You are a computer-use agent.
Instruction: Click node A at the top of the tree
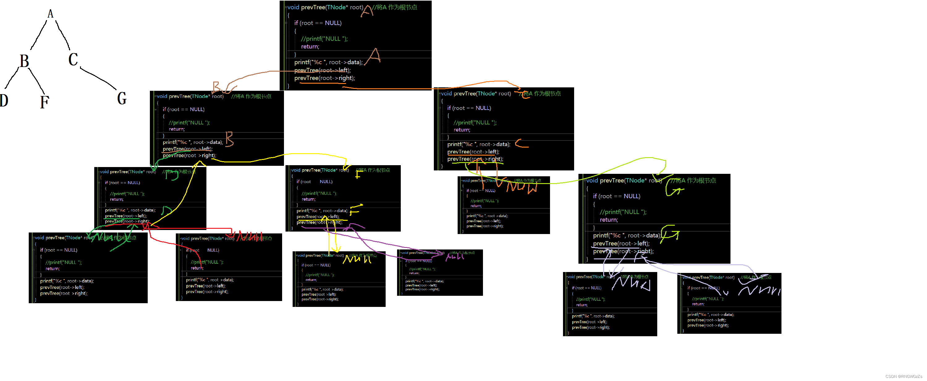point(50,14)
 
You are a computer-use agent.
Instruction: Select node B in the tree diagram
point(24,61)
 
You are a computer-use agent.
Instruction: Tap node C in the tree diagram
point(73,59)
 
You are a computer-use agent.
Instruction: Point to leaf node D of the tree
point(4,100)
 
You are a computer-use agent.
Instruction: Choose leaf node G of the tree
point(122,98)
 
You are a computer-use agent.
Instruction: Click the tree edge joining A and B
point(39,35)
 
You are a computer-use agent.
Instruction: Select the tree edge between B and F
point(36,81)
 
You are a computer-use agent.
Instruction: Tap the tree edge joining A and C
point(63,35)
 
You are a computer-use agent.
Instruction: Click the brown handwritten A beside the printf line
point(373,57)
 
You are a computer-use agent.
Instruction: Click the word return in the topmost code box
point(310,46)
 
